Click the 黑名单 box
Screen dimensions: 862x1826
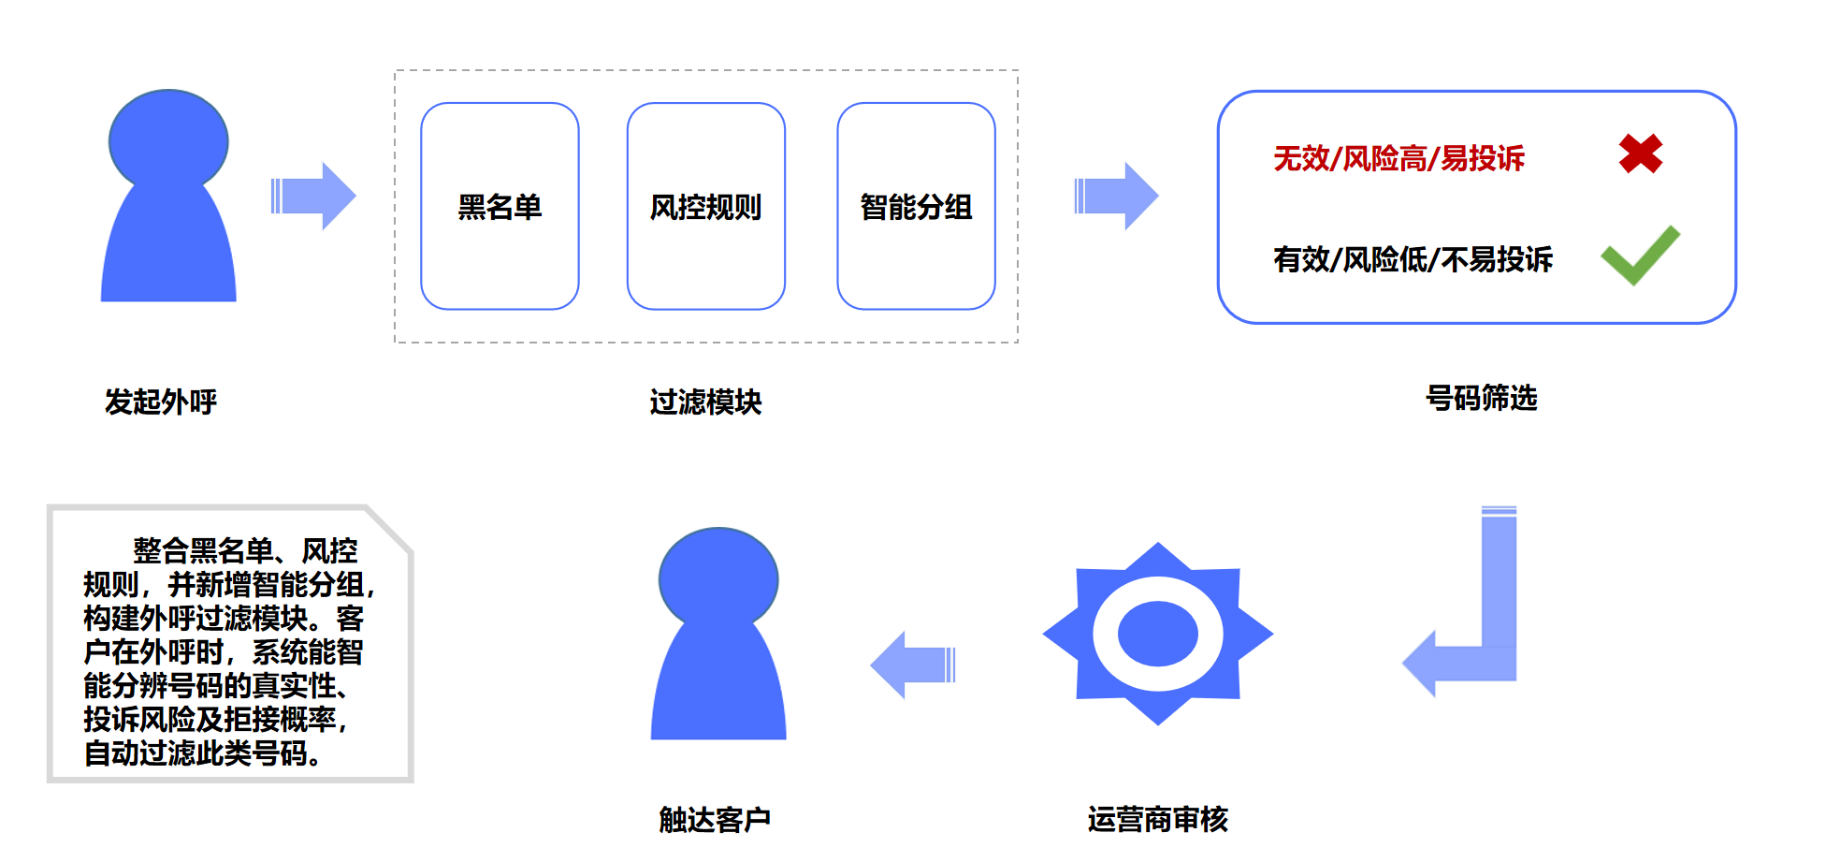(x=500, y=206)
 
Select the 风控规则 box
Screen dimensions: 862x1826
(x=705, y=206)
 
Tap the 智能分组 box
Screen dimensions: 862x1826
(x=916, y=206)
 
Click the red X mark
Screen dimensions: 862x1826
(x=1641, y=153)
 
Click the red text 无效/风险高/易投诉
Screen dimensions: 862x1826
(x=1398, y=158)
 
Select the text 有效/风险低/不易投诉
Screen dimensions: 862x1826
(x=1413, y=259)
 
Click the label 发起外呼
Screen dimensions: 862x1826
(x=161, y=402)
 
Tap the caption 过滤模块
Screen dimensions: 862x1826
(x=705, y=402)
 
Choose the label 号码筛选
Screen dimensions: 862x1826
(x=1481, y=398)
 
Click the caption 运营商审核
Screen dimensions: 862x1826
(x=1157, y=819)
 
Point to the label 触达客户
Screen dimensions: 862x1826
(x=715, y=819)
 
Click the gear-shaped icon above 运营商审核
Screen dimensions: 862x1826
(x=1158, y=634)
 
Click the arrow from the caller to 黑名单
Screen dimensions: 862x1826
(x=313, y=196)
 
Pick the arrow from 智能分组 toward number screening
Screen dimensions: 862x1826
(x=1117, y=196)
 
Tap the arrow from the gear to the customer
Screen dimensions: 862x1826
(x=913, y=665)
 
